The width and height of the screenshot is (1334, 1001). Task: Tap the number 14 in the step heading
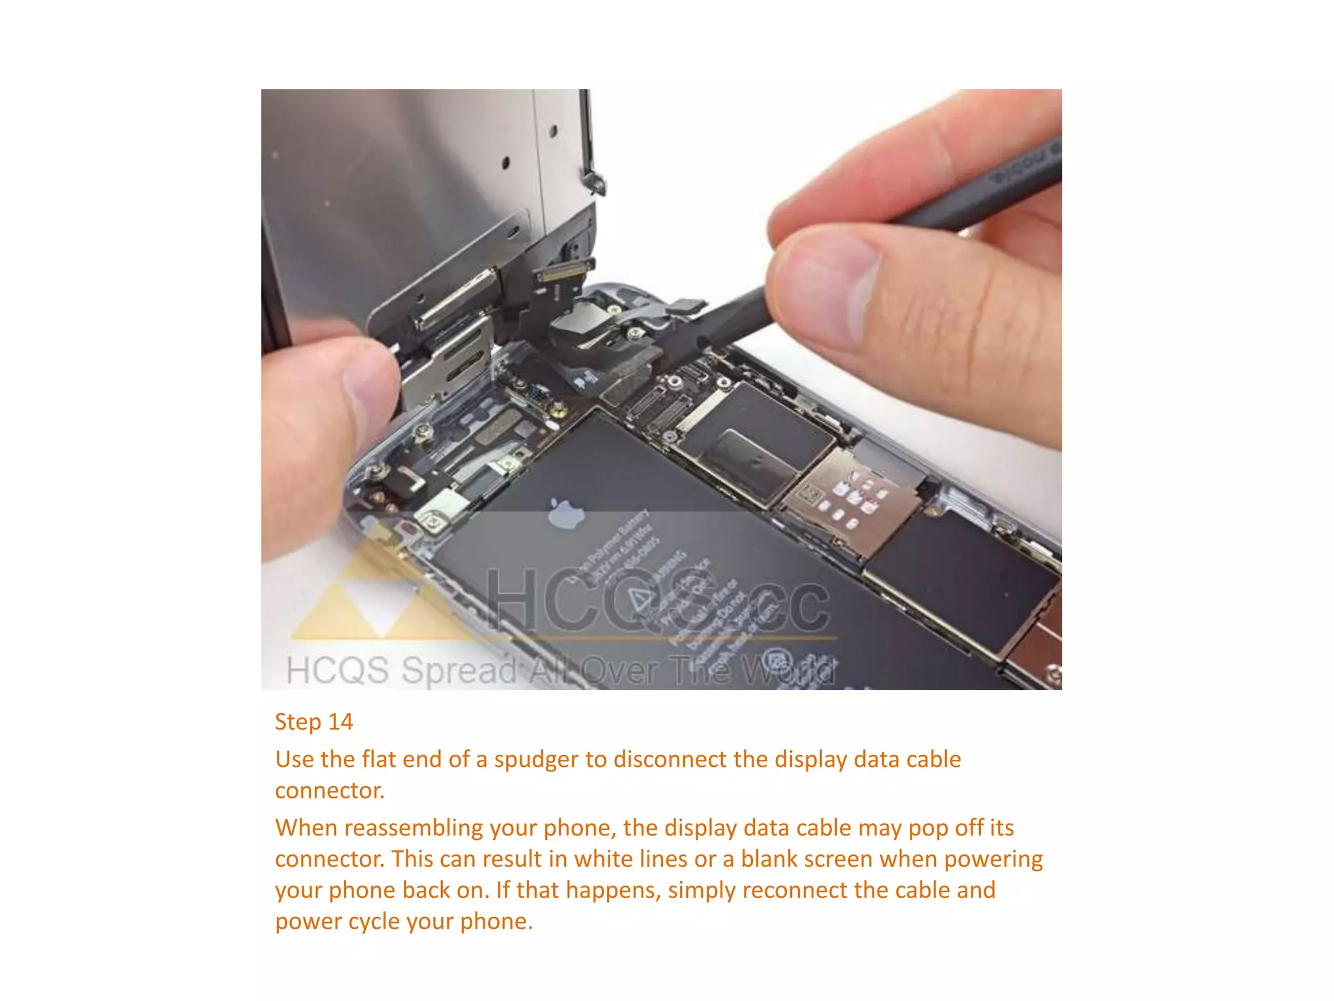point(340,722)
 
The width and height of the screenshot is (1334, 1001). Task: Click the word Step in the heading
point(298,722)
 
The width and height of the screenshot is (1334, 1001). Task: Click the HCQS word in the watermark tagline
point(337,671)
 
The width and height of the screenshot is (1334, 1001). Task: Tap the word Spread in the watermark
point(460,671)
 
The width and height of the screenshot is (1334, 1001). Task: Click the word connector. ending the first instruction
point(330,791)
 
